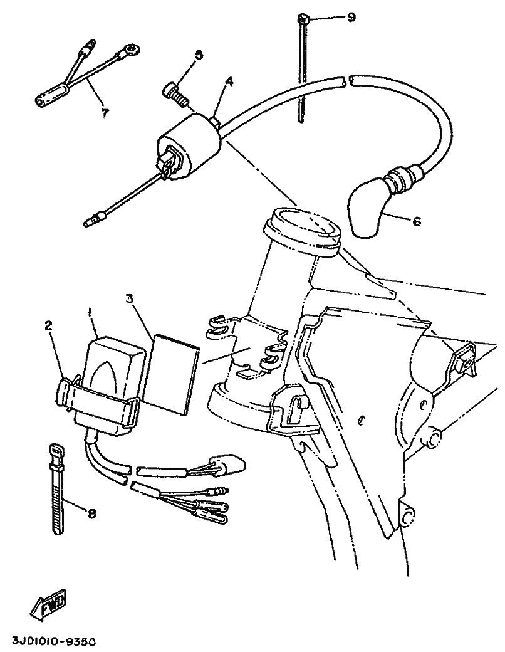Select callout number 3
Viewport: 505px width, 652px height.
tap(129, 300)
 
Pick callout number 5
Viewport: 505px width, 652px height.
tap(199, 55)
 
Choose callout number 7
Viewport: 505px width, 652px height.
tap(104, 113)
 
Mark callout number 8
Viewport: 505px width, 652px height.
tap(91, 514)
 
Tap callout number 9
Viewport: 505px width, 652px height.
tap(351, 17)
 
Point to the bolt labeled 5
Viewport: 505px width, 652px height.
tap(175, 93)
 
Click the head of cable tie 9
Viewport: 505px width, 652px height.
tap(303, 19)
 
